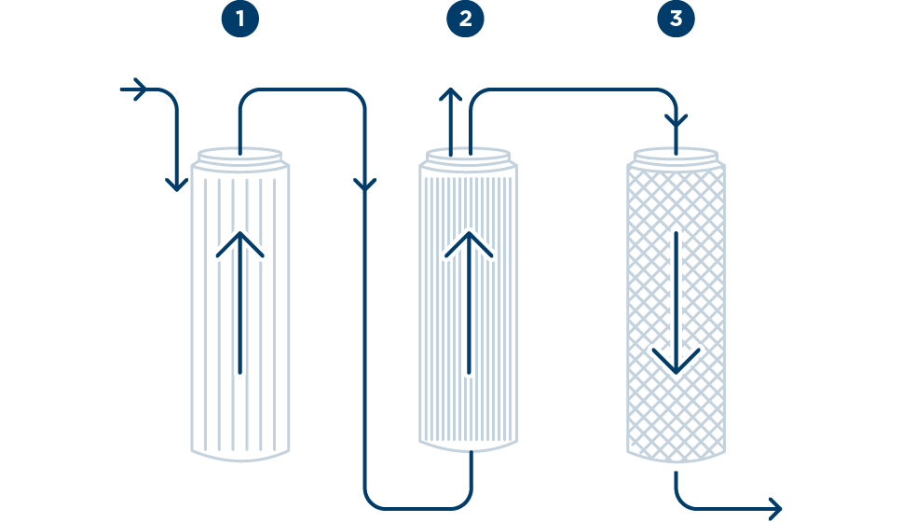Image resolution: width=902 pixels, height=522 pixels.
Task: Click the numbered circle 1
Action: pos(239,20)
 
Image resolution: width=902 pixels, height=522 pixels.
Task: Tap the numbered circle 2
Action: pos(465,20)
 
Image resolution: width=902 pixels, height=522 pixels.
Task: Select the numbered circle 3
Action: pos(676,20)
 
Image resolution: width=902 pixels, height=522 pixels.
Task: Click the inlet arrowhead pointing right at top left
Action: pos(141,89)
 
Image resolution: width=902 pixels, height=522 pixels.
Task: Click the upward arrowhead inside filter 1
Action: pos(240,244)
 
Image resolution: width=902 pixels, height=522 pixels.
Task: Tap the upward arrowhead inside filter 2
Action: pos(469,244)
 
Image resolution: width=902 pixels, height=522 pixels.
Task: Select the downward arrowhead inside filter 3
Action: pos(676,360)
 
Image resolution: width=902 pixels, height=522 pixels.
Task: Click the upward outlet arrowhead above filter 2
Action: pos(450,95)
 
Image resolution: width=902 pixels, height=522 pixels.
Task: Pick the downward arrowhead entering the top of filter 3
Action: pos(676,122)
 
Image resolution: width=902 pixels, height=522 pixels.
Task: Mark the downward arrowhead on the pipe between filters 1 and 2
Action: pos(365,185)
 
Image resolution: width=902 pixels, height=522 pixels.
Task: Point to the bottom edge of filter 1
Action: pos(240,456)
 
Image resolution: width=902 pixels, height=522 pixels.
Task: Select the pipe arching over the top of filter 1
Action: pos(298,89)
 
